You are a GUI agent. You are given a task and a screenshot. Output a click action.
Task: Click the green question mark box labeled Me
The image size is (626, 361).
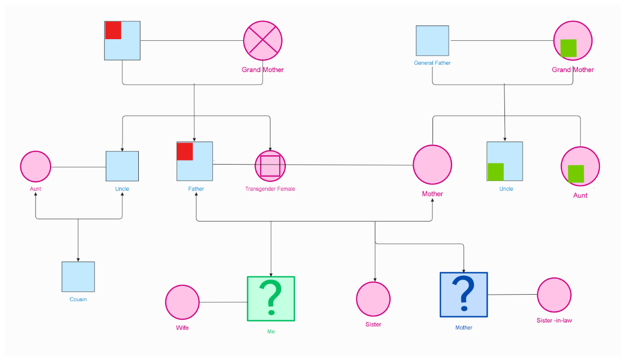tap(271, 299)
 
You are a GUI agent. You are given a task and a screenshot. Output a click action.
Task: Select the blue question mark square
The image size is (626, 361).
tap(464, 295)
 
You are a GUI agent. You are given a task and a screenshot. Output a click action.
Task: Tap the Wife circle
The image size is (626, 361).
tap(183, 302)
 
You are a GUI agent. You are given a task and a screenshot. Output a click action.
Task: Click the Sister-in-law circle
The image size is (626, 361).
tap(555, 295)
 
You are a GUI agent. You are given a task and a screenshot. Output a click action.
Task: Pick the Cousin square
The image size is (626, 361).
tap(78, 276)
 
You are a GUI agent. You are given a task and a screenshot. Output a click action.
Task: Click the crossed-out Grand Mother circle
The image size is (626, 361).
tap(262, 41)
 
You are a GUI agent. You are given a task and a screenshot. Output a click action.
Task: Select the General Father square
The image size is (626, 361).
tap(432, 41)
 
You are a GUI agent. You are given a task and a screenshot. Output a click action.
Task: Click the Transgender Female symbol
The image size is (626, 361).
tap(270, 166)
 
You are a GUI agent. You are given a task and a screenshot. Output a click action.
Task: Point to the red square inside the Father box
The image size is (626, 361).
tap(185, 151)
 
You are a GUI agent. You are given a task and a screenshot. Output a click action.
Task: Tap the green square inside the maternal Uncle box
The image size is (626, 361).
tap(496, 172)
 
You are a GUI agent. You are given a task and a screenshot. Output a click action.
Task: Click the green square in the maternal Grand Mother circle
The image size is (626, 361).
tap(568, 48)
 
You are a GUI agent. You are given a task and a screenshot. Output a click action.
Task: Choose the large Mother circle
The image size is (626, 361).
tap(432, 165)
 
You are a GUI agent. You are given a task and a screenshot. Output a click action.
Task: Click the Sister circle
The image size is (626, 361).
tap(374, 299)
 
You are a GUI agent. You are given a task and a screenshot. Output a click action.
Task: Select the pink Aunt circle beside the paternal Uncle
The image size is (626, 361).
tap(35, 167)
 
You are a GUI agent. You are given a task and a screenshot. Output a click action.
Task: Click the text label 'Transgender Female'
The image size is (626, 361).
tap(270, 189)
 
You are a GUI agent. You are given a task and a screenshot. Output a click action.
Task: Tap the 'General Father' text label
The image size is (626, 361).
tap(432, 63)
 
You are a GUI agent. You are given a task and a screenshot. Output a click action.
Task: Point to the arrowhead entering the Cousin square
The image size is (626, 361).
tap(78, 259)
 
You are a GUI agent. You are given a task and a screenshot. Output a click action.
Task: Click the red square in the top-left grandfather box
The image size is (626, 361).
tap(113, 30)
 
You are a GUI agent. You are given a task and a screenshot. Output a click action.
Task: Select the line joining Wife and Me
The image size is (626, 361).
tap(223, 302)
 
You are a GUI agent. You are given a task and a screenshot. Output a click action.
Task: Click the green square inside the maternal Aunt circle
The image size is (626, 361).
tap(576, 173)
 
